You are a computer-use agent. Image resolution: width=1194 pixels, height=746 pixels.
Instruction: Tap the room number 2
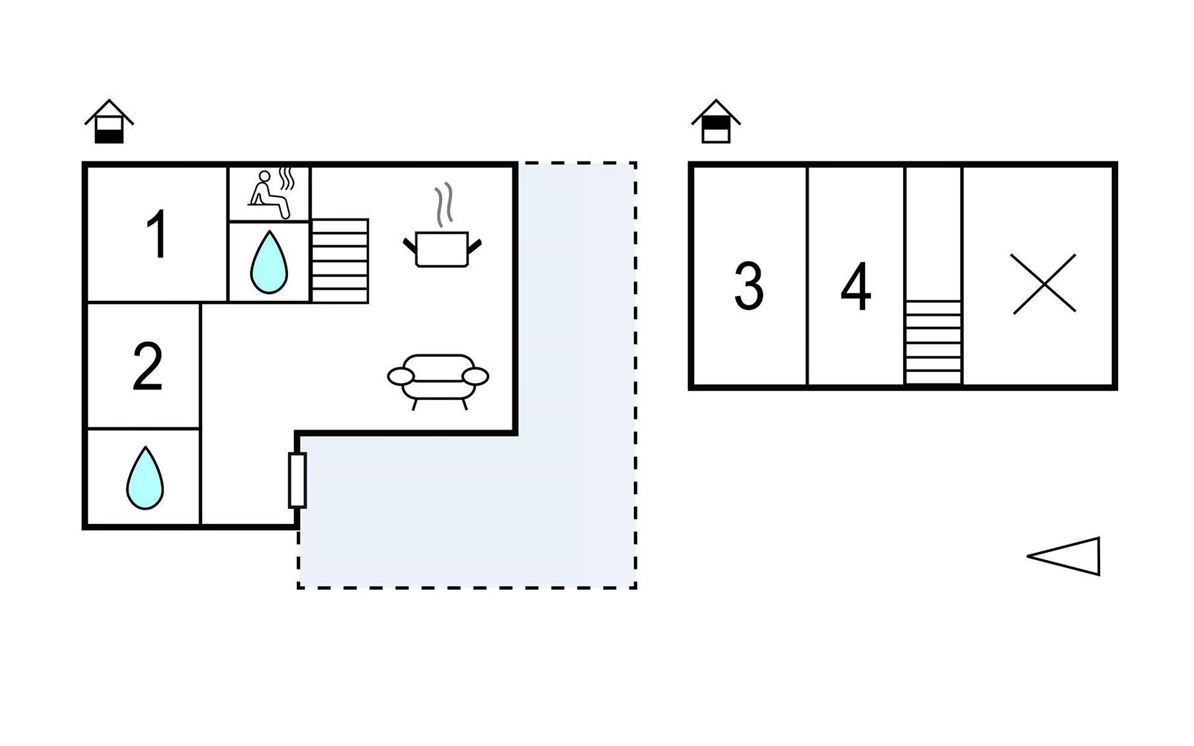148,367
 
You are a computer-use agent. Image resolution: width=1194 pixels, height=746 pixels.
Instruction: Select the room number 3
749,286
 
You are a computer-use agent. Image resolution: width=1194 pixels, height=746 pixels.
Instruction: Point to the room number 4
856,286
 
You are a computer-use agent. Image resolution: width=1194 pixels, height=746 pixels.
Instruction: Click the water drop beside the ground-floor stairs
269,262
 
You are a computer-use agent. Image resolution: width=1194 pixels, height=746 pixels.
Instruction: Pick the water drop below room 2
145,477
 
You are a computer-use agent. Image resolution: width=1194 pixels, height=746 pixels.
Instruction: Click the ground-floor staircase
340,261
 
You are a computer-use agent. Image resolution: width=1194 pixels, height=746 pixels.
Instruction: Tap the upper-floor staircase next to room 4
933,342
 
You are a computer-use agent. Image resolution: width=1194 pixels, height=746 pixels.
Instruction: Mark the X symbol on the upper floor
1044,283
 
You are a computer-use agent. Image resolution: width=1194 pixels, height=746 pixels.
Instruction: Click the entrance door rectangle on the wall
297,481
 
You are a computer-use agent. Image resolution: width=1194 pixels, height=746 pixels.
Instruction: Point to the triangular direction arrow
1063,556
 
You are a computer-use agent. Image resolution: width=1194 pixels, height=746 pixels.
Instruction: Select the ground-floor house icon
109,121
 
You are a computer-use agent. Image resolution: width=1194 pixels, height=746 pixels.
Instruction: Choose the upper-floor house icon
716,121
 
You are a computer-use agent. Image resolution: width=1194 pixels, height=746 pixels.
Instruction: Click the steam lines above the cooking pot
443,205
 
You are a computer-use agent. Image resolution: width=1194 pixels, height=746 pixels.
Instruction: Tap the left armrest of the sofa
400,376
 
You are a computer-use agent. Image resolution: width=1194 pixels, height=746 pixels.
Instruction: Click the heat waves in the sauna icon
286,178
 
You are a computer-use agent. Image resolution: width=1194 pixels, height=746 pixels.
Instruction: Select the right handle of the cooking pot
474,247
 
